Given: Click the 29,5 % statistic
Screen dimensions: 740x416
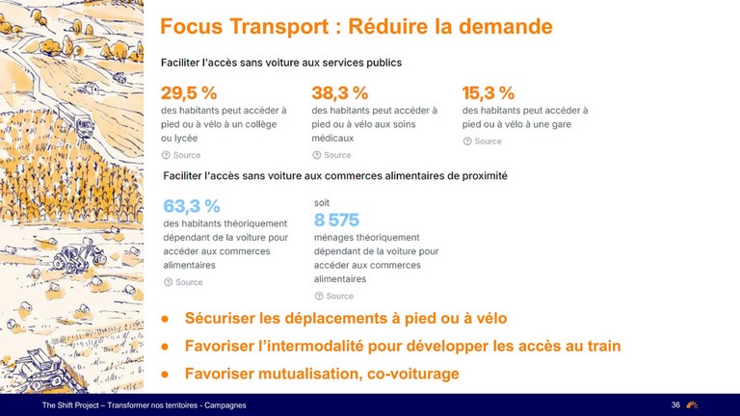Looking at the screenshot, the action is pyautogui.click(x=189, y=92).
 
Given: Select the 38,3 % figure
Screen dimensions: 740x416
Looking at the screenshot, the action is pyautogui.click(x=340, y=92).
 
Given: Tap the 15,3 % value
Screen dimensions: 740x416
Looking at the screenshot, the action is pyautogui.click(x=488, y=92).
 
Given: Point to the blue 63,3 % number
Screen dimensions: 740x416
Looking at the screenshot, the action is pyautogui.click(x=192, y=206).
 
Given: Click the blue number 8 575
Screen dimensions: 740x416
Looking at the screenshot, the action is pyautogui.click(x=336, y=220).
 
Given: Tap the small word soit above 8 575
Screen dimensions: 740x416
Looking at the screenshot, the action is pyautogui.click(x=322, y=203).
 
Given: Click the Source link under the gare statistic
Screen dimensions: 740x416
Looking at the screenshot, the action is pyautogui.click(x=483, y=141).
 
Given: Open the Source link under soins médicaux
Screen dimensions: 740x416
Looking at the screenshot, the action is pyautogui.click(x=331, y=155).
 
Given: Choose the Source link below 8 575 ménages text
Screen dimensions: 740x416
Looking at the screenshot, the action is pyautogui.click(x=334, y=296).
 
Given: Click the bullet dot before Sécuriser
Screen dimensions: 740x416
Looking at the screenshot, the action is pyautogui.click(x=165, y=319).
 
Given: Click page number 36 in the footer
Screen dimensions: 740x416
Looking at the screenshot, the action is pyautogui.click(x=675, y=404).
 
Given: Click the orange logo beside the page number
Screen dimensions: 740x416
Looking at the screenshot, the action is pyautogui.click(x=692, y=404).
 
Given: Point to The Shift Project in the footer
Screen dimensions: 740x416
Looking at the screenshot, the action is pyautogui.click(x=70, y=405).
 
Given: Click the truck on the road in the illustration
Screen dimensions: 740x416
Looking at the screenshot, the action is pyautogui.click(x=85, y=125).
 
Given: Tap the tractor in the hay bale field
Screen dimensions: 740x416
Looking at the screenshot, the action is pyautogui.click(x=78, y=257).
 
